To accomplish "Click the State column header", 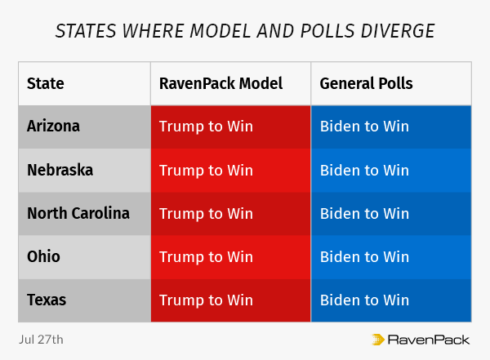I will (46, 83).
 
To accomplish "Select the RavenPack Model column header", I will (220, 83).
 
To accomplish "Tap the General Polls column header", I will (366, 83).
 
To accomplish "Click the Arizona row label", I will (53, 127).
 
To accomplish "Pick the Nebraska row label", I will (60, 171).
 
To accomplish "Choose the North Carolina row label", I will (78, 214).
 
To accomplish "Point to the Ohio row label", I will (43, 257).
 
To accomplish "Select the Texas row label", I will (47, 300).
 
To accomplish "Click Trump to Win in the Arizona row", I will (206, 127).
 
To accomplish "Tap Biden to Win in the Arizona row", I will (364, 127).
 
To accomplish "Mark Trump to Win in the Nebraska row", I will (206, 171).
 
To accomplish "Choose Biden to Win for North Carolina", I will (364, 214).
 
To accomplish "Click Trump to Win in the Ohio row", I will (206, 257).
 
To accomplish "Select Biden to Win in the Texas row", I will (364, 300).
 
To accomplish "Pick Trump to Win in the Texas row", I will (206, 300).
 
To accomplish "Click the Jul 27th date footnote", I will (40, 338).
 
